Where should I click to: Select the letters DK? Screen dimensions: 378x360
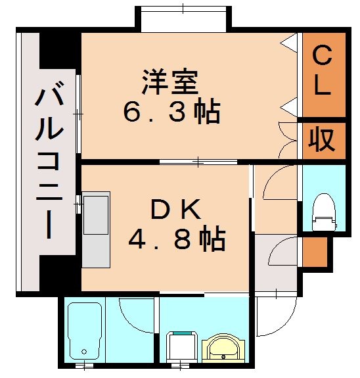tap(172, 210)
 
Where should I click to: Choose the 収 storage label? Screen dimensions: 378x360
tap(321, 140)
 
